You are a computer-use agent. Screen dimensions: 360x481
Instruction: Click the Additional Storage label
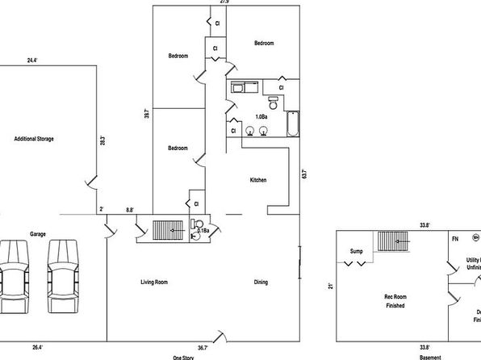tap(34, 139)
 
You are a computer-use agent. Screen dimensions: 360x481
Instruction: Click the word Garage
tap(37, 233)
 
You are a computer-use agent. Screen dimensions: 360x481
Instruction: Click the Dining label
tap(261, 282)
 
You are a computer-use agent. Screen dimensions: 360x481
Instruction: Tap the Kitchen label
tap(258, 180)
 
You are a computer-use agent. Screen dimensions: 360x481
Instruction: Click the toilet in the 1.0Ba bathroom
tap(274, 103)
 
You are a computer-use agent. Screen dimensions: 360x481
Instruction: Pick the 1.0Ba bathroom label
tap(261, 117)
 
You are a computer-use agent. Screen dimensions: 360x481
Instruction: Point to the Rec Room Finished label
tap(394, 302)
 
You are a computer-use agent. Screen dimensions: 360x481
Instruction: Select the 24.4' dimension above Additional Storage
tap(31, 60)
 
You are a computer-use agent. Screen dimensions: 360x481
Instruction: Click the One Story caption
tap(182, 356)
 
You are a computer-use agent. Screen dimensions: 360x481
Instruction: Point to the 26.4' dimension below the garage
tap(37, 347)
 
